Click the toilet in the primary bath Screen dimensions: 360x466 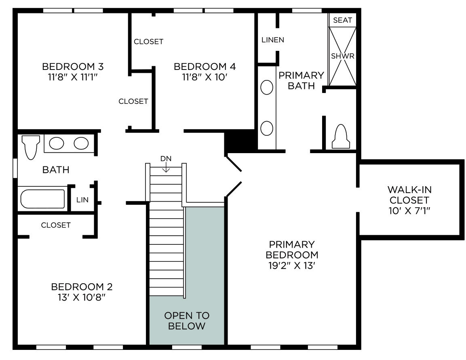[340, 137]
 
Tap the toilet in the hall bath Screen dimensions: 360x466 [31, 146]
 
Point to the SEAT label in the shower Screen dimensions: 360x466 [342, 20]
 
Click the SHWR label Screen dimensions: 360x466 [342, 56]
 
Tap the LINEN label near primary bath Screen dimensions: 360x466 [273, 40]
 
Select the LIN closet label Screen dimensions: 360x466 [82, 200]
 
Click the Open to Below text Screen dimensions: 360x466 [187, 321]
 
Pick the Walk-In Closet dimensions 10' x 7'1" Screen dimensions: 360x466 [409, 211]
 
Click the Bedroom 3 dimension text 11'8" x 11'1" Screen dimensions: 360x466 [73, 77]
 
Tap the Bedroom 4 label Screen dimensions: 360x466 [205, 66]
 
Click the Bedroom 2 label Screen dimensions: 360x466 [82, 287]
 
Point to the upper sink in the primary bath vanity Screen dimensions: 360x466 [267, 88]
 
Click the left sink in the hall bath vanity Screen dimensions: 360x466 [57, 143]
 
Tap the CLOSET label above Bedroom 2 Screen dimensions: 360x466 [56, 225]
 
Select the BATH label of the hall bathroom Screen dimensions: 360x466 [56, 170]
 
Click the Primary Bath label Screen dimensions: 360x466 [302, 80]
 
